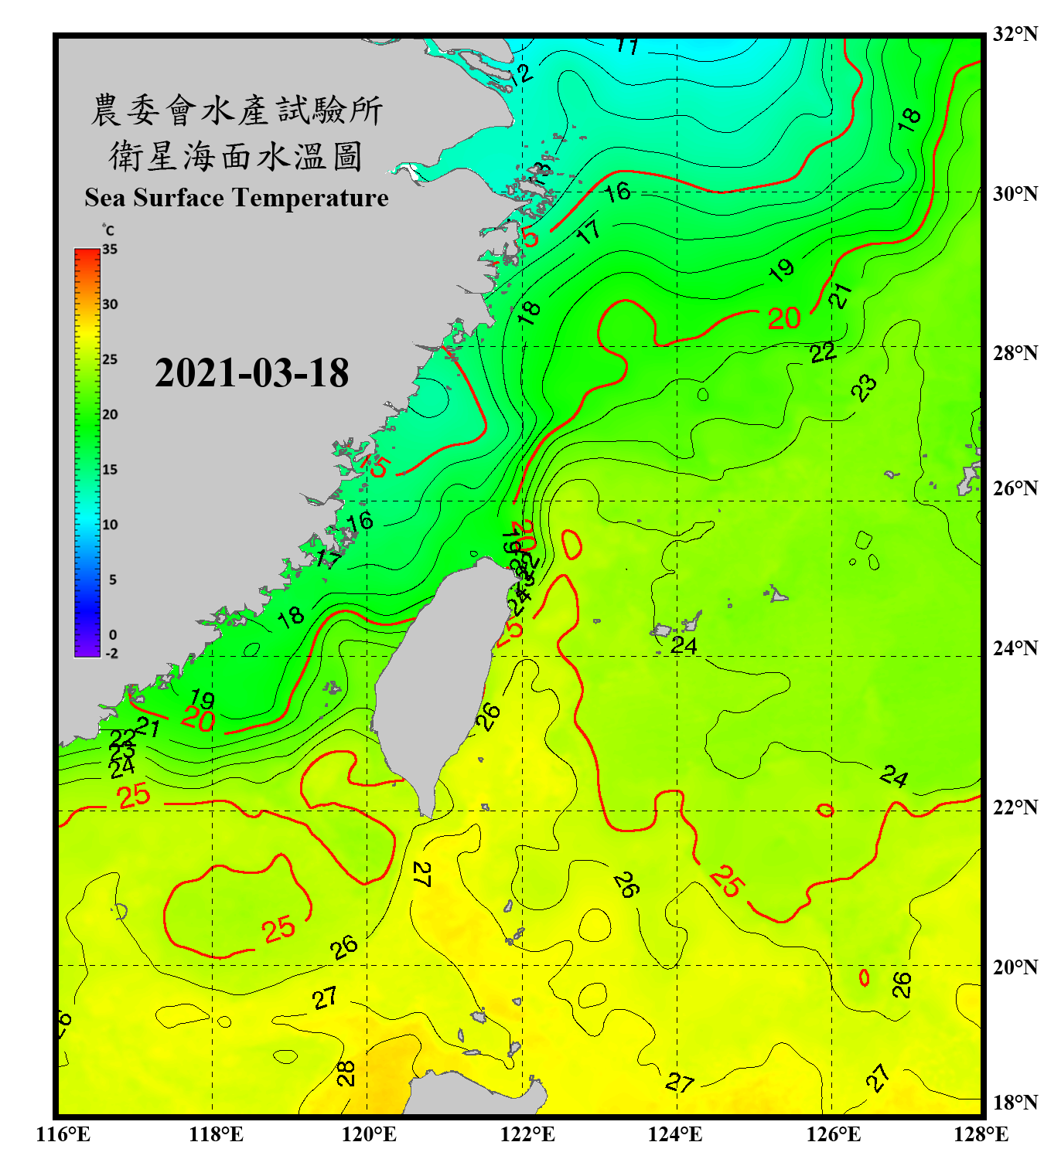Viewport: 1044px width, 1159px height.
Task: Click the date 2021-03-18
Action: coord(251,373)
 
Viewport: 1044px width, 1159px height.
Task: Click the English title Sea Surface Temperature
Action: coord(237,198)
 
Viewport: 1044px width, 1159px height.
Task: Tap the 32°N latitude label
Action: coord(1015,34)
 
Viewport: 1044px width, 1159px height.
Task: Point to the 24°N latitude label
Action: coord(1015,647)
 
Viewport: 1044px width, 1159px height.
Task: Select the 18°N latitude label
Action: coord(1015,1103)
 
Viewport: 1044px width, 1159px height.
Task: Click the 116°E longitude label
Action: coord(63,1134)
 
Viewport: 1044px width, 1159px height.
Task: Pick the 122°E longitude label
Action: coord(527,1134)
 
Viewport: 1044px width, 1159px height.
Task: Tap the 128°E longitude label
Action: coord(981,1134)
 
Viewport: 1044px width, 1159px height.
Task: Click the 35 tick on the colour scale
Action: coord(110,250)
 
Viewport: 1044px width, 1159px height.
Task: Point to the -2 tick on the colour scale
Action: coord(111,654)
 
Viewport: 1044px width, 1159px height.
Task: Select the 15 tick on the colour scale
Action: coord(110,470)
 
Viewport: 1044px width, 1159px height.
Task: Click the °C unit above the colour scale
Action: coord(108,230)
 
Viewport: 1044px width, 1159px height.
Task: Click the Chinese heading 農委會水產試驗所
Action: coord(237,110)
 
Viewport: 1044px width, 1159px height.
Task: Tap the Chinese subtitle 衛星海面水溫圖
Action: coord(236,157)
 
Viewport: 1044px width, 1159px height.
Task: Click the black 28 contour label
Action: coord(346,1073)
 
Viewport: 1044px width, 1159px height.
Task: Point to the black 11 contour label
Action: coord(627,46)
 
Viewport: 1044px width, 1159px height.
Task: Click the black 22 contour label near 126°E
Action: coord(823,353)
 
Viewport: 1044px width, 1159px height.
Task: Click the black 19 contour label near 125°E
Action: coord(782,270)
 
